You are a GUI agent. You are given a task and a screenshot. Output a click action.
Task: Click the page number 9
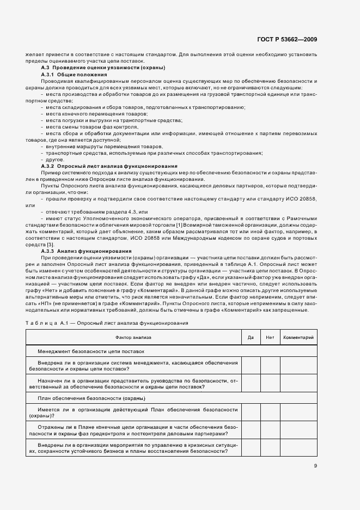[x=315, y=465]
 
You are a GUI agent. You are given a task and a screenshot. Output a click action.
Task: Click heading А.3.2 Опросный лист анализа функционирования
[x=109, y=166]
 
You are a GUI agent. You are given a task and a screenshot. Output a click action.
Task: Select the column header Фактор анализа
[x=134, y=338]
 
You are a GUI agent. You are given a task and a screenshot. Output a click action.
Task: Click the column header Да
[x=251, y=338]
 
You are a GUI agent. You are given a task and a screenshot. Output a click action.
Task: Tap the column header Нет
[x=270, y=338]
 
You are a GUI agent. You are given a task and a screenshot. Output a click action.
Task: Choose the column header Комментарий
[x=297, y=338]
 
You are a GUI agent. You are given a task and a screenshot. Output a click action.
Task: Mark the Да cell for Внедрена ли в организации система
[x=251, y=366]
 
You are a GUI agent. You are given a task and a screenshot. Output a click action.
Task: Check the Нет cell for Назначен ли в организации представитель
[x=270, y=384]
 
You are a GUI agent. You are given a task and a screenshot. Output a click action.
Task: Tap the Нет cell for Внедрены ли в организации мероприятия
[x=270, y=448]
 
